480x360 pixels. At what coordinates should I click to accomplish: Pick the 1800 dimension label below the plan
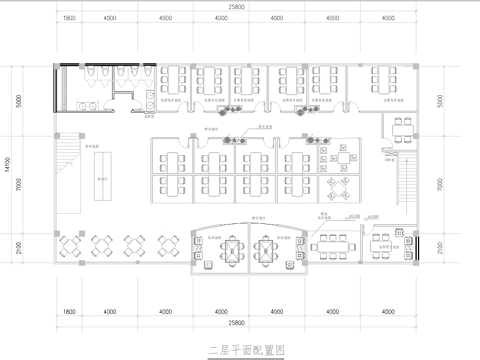pos(68,311)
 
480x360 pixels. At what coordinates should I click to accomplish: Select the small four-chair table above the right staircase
pos(403,126)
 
